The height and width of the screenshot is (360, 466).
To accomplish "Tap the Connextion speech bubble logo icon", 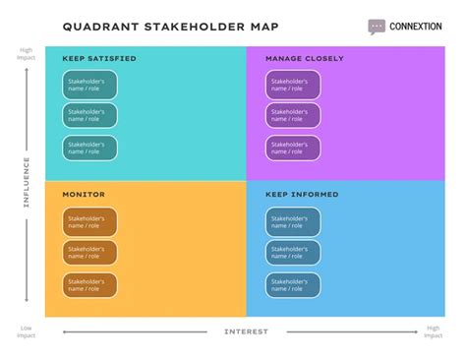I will tap(378, 27).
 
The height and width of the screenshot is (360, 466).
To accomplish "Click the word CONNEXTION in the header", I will tap(416, 27).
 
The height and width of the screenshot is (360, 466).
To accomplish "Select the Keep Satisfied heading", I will tap(99, 59).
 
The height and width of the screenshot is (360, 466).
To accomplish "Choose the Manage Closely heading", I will tap(305, 59).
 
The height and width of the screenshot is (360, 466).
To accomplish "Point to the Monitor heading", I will tap(84, 195).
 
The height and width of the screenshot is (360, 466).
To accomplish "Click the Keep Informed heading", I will tap(302, 195).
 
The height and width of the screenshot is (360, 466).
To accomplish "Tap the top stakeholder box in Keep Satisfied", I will tap(90, 85).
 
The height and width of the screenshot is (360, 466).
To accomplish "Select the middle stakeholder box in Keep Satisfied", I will tap(90, 116).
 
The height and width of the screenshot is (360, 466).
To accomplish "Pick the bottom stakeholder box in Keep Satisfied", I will tap(90, 148).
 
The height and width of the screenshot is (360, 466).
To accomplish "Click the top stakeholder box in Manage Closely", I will tap(293, 85).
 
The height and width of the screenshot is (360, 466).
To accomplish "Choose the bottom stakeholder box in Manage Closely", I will tap(293, 148).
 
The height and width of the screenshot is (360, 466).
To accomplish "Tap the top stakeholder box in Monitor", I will tap(90, 221).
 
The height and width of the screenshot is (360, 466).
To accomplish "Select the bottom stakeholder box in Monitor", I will tap(90, 285).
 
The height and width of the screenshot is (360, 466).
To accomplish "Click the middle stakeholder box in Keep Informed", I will tap(293, 253).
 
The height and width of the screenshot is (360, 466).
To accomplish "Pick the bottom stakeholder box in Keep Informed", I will tap(293, 285).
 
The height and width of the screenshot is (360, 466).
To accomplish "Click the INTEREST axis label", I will tap(246, 331).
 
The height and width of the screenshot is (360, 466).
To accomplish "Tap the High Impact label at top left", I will tap(26, 54).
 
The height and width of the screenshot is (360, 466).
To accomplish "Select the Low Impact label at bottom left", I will tap(26, 331).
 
